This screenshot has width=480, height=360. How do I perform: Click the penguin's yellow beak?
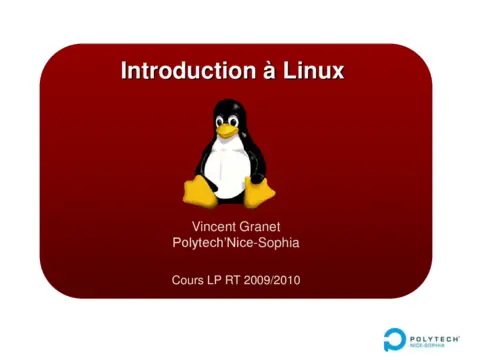click(x=229, y=129)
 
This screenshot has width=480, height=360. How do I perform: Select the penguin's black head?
click(x=230, y=112)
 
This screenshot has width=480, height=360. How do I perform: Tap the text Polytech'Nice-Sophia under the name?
click(x=236, y=243)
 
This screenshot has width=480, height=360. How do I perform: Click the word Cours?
click(x=188, y=279)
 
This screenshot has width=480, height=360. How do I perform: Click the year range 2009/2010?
click(x=273, y=279)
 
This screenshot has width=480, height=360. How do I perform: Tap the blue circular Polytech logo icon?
click(x=395, y=338)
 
